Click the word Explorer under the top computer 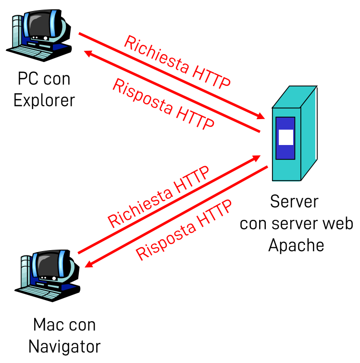coord(44,100)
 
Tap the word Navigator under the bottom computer coord(64,346)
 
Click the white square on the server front coord(286,137)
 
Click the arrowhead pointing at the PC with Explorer coord(86,52)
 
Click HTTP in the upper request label coord(211,77)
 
